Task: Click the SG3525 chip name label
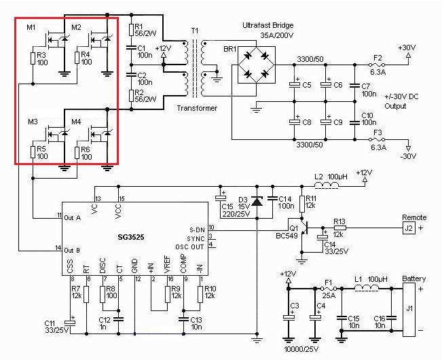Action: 130,236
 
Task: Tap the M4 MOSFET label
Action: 76,122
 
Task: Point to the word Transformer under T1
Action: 198,108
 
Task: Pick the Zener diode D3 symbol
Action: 256,201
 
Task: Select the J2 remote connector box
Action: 410,228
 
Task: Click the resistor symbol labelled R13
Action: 339,228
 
